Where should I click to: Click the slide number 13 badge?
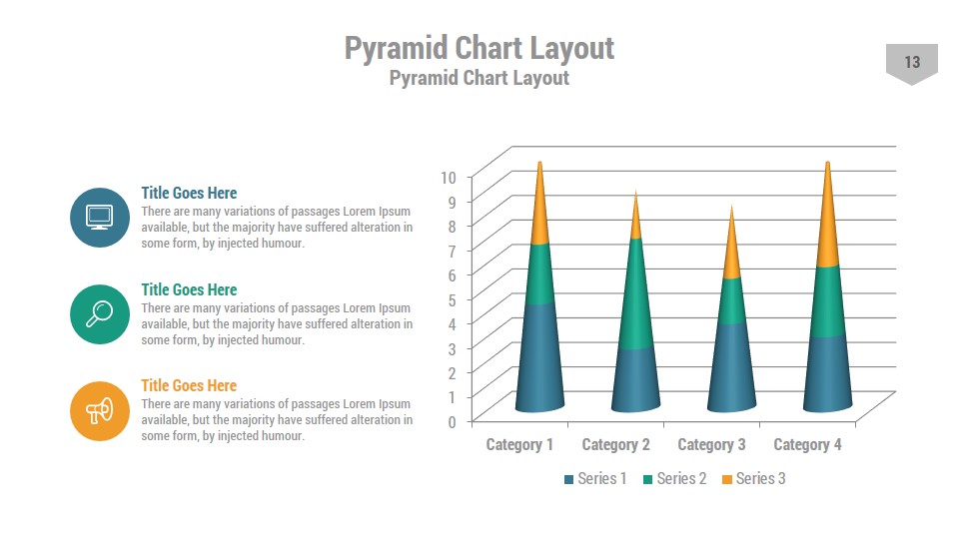pyautogui.click(x=912, y=63)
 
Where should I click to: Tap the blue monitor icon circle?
pyautogui.click(x=100, y=217)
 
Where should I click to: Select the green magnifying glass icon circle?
pyautogui.click(x=100, y=313)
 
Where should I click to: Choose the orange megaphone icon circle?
pyautogui.click(x=100, y=410)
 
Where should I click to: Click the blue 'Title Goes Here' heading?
pyautogui.click(x=189, y=193)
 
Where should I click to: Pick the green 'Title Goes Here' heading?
pyautogui.click(x=189, y=289)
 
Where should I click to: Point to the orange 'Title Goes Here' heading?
pyautogui.click(x=189, y=385)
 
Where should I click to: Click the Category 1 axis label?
pyautogui.click(x=519, y=444)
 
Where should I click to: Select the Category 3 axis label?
pyautogui.click(x=711, y=444)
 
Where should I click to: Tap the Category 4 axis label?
pyautogui.click(x=807, y=444)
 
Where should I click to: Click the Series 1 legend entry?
pyautogui.click(x=596, y=479)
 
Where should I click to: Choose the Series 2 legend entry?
pyautogui.click(x=675, y=479)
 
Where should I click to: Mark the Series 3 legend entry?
pyautogui.click(x=754, y=479)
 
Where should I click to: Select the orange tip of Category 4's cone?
pyautogui.click(x=826, y=225)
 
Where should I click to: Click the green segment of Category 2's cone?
pyautogui.click(x=634, y=294)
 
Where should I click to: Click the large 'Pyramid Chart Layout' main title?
pyautogui.click(x=479, y=47)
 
